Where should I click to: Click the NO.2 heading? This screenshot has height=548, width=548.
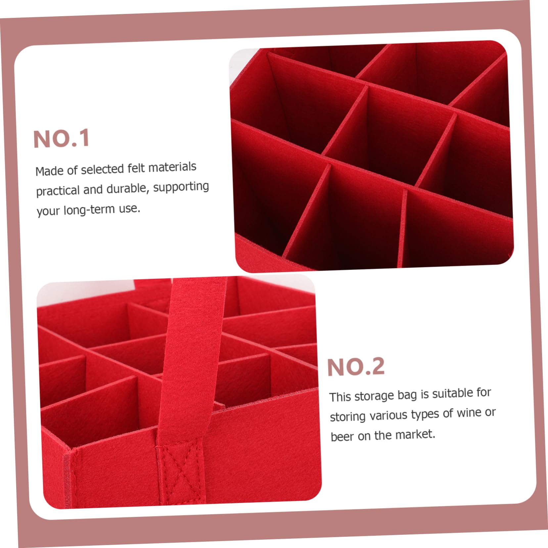point(356,367)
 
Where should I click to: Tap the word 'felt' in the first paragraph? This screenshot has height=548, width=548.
point(136,168)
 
